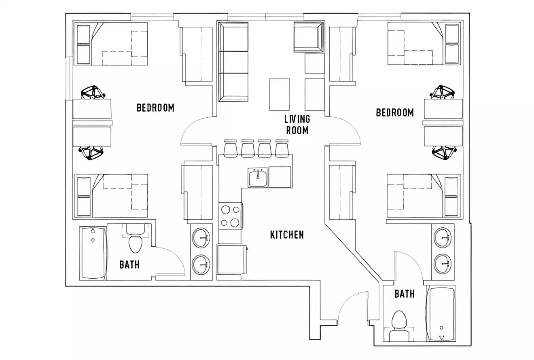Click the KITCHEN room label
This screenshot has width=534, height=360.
point(287,235)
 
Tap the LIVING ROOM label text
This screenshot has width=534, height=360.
point(297,125)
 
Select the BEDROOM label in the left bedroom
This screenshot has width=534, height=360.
point(155,108)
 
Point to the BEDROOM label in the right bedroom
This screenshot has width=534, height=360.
point(395,112)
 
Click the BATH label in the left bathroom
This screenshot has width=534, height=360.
point(129,265)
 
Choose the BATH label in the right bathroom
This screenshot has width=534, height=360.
point(405,294)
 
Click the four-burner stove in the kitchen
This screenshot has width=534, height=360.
point(230,216)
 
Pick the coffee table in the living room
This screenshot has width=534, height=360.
point(280,94)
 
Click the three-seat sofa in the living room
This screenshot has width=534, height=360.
point(233,61)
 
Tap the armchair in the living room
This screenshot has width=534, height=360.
point(309,37)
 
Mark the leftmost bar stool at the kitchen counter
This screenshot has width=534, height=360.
point(230,148)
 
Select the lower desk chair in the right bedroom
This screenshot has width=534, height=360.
point(443,152)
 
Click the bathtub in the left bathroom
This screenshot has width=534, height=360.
point(93,253)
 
